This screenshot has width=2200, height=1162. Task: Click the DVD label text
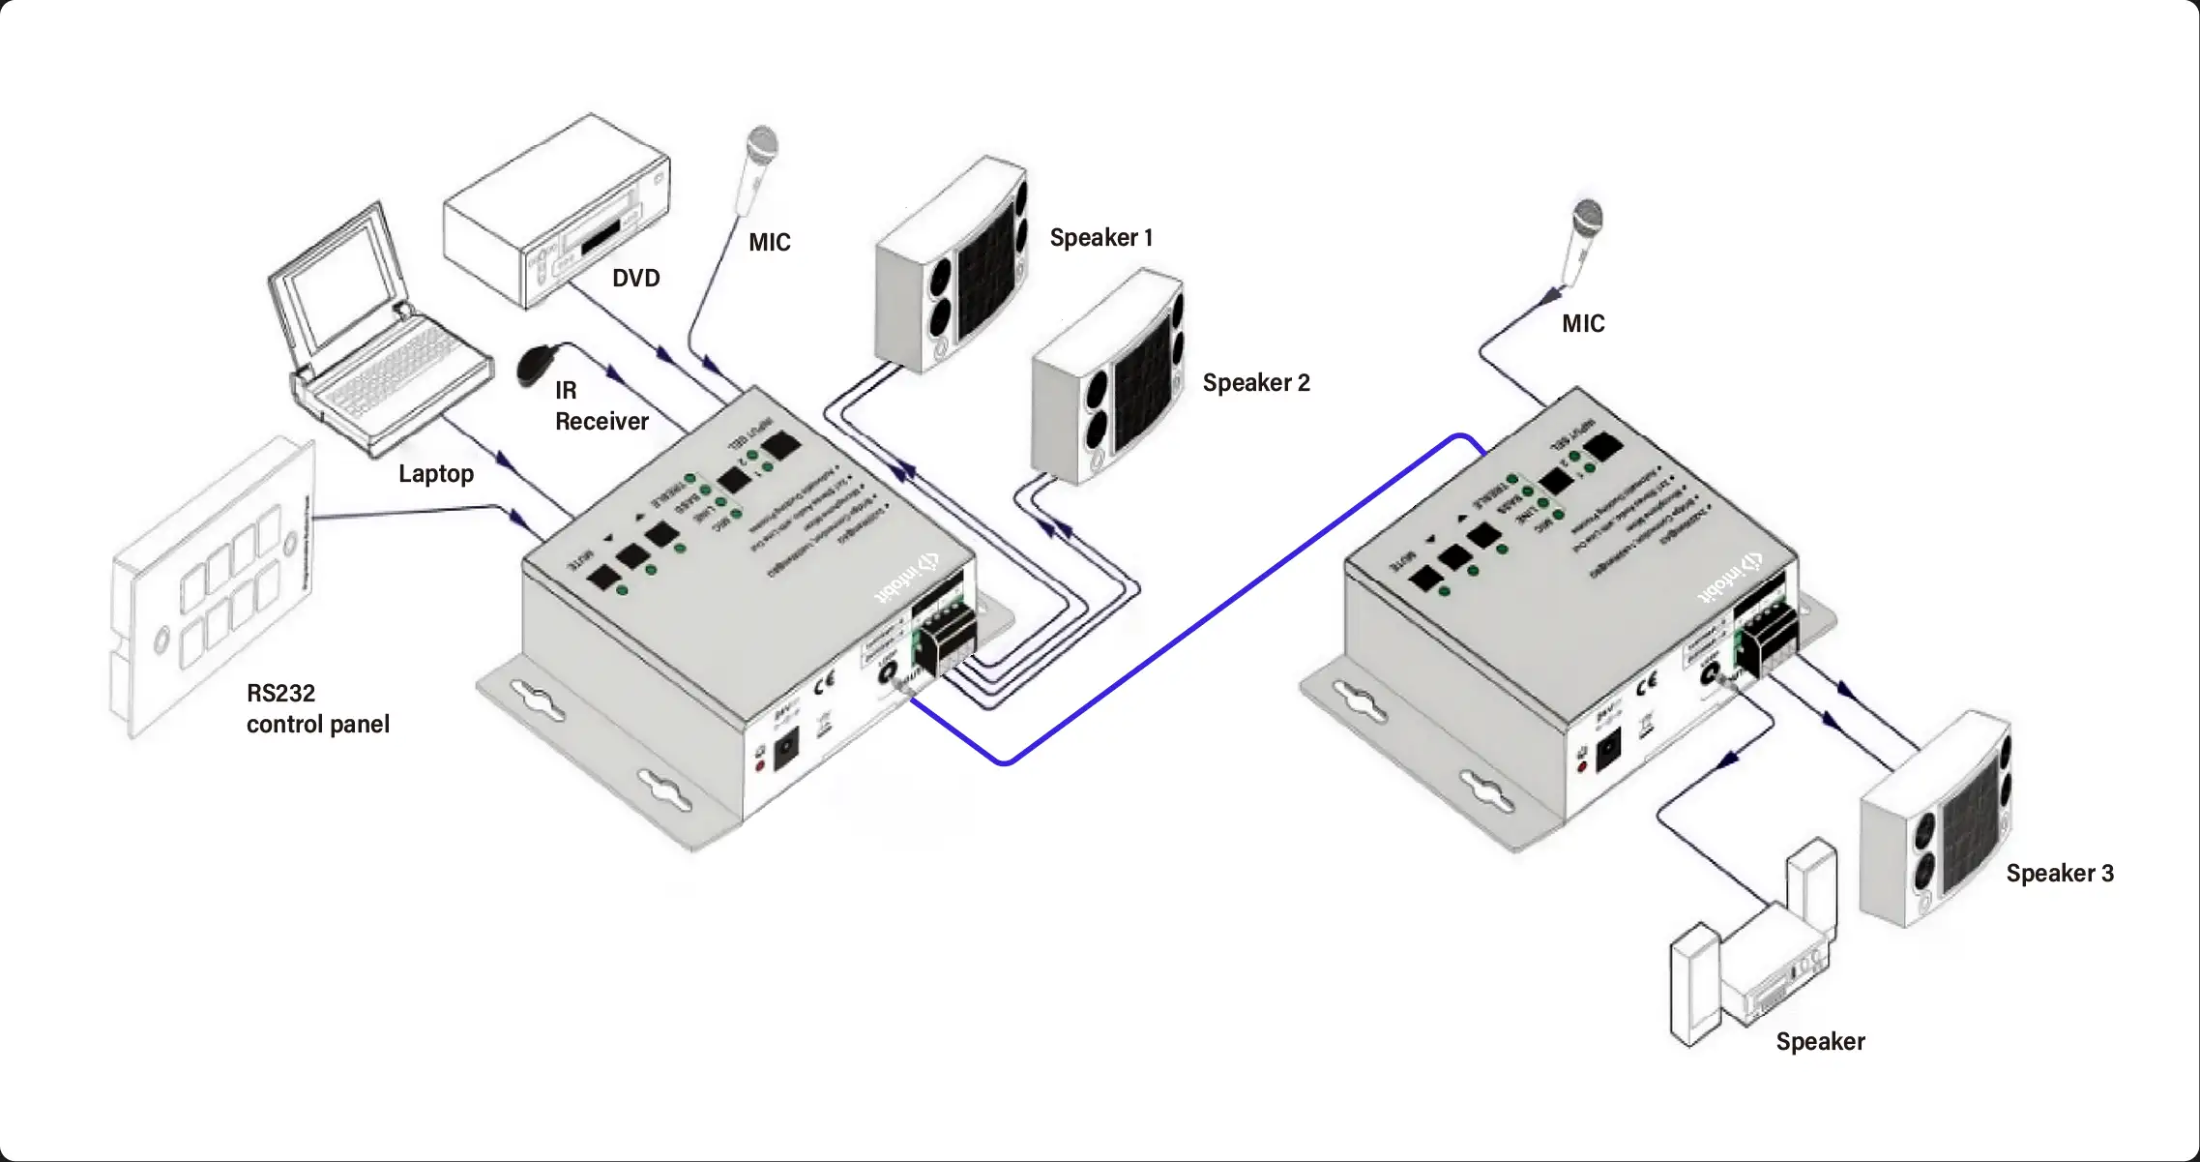635,279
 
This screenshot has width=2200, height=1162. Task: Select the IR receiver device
535,365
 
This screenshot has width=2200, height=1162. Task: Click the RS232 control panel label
317,708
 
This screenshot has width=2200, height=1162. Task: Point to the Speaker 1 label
1100,238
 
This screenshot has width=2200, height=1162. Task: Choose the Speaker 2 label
1255,383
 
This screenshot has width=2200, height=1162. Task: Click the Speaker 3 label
2059,874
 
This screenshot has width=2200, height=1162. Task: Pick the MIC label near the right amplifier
1583,324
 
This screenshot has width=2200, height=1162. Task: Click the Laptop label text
436,474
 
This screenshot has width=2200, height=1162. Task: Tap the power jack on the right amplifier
1608,752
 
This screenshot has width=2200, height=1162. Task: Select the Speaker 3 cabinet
1936,819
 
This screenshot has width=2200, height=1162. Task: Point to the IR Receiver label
601,406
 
